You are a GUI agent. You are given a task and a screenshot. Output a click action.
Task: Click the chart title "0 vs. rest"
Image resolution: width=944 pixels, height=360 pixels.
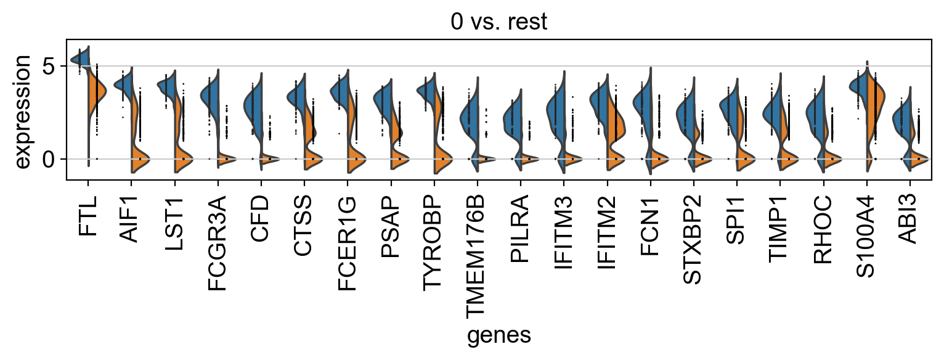click(x=498, y=22)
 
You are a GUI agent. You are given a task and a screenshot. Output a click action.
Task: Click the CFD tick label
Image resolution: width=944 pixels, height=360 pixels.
click(x=261, y=218)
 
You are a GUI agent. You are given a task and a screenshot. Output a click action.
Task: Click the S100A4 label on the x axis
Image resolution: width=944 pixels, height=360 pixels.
click(x=867, y=235)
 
